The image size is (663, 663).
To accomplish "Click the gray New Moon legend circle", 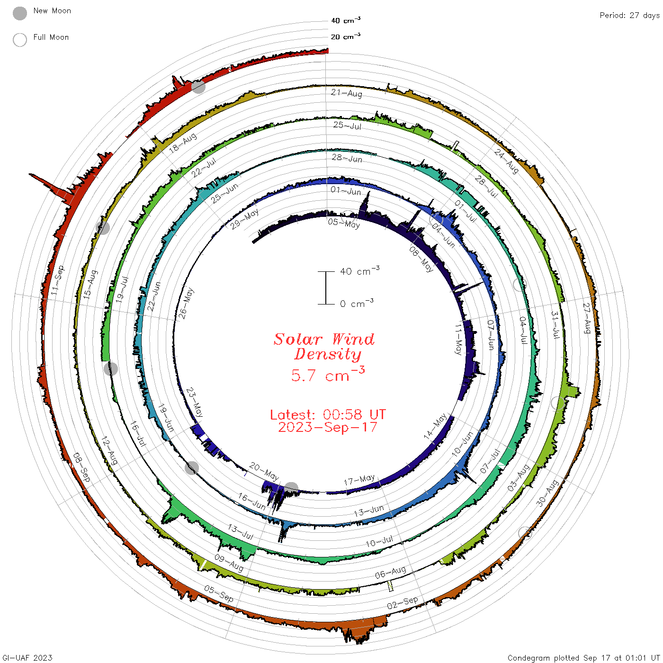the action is pos(19,13).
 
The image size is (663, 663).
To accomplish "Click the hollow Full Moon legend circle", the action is pos(19,40).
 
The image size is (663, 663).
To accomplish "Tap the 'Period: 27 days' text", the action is pos(630,16).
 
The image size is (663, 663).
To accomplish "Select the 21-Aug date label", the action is pos(347,93).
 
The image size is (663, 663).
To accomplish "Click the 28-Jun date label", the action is pos(347,158).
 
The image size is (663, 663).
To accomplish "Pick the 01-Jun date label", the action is pos(346,190).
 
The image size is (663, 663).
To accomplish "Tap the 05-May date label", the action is pos(344,224).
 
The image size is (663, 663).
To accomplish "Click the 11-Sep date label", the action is pos(57,280).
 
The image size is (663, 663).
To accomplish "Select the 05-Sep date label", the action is pos(219,594).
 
